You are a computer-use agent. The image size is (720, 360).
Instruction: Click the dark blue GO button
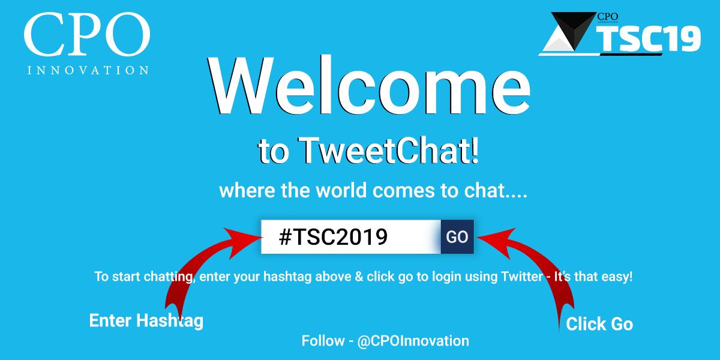point(457,237)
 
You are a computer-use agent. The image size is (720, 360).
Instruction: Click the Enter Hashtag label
point(146,320)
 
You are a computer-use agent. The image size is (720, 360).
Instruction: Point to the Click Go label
point(599,325)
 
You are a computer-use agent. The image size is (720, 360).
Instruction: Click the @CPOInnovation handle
point(413,341)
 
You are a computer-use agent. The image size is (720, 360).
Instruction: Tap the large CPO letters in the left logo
point(86,36)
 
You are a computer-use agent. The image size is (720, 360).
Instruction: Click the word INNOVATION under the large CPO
point(88,70)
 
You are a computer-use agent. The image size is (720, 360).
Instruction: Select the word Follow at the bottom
point(322,341)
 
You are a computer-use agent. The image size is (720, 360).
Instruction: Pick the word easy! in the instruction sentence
point(617,277)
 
